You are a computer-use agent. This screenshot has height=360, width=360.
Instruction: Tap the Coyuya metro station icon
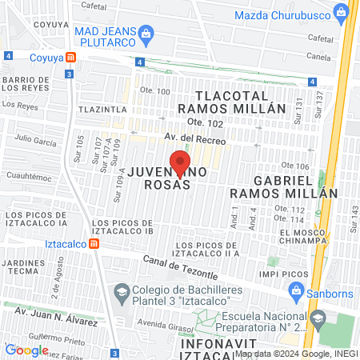[71, 57]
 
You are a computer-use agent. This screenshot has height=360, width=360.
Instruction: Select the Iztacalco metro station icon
[94, 243]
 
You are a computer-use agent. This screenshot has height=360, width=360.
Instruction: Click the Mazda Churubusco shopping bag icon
[342, 13]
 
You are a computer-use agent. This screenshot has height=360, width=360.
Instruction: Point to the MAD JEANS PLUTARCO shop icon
[146, 33]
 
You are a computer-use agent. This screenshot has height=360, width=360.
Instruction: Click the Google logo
[26, 350]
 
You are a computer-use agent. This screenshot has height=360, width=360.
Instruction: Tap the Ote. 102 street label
[204, 122]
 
